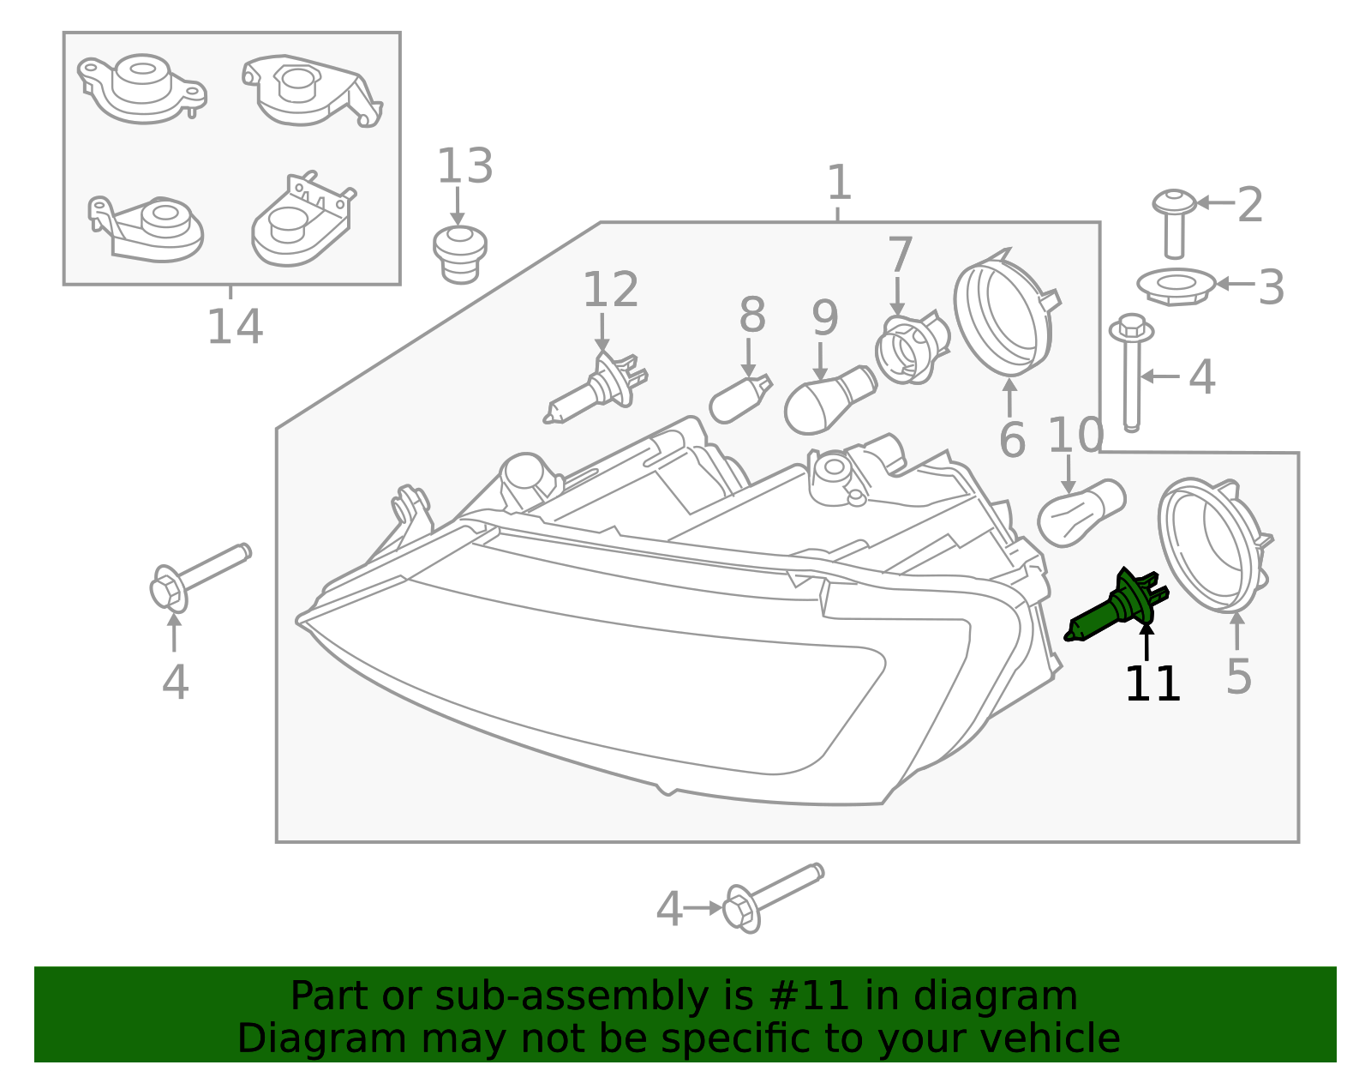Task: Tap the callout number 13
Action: pos(464,166)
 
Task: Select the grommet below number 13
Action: pos(460,253)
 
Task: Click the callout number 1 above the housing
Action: pos(838,183)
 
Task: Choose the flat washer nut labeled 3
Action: pos(1176,286)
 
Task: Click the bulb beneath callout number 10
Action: pos(1080,513)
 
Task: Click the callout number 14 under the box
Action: pos(235,327)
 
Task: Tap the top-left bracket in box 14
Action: pos(141,87)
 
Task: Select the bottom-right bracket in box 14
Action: pos(302,221)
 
